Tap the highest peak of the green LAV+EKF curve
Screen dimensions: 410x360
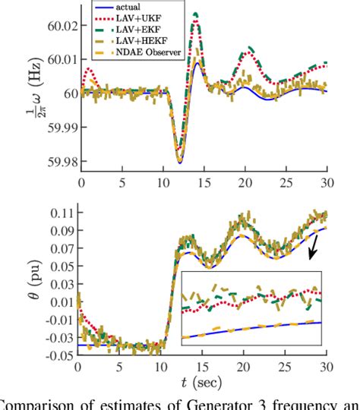click(x=196, y=14)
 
